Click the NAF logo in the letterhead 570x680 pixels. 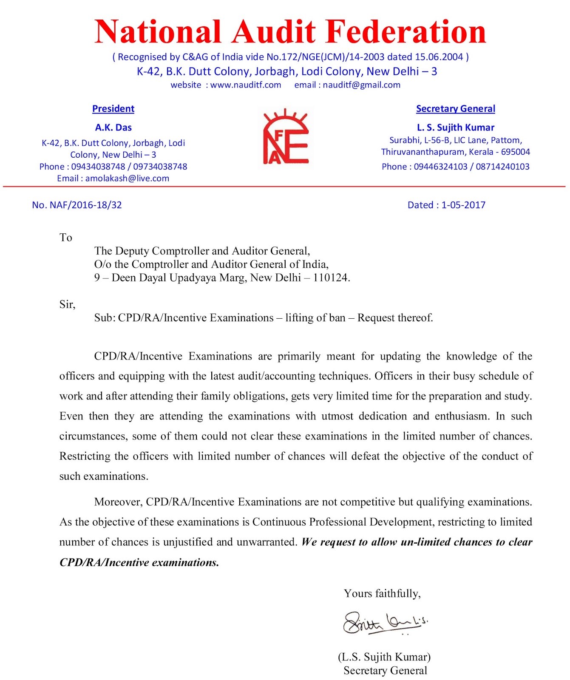(x=286, y=137)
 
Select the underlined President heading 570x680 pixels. (x=113, y=109)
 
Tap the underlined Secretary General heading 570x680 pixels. (x=455, y=109)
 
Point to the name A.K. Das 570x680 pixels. (x=113, y=127)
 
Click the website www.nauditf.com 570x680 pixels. (x=246, y=85)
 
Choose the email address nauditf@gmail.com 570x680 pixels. (x=361, y=85)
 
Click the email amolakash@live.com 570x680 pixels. (x=127, y=178)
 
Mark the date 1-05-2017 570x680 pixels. (x=463, y=205)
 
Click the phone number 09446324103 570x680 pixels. (x=440, y=167)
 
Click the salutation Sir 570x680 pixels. (x=67, y=304)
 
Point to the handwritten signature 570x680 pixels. (x=385, y=623)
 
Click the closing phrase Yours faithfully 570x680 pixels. (x=382, y=593)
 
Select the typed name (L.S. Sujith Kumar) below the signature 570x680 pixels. (x=384, y=657)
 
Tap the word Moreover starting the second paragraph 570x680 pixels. (x=118, y=502)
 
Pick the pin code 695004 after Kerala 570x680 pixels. (x=515, y=152)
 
